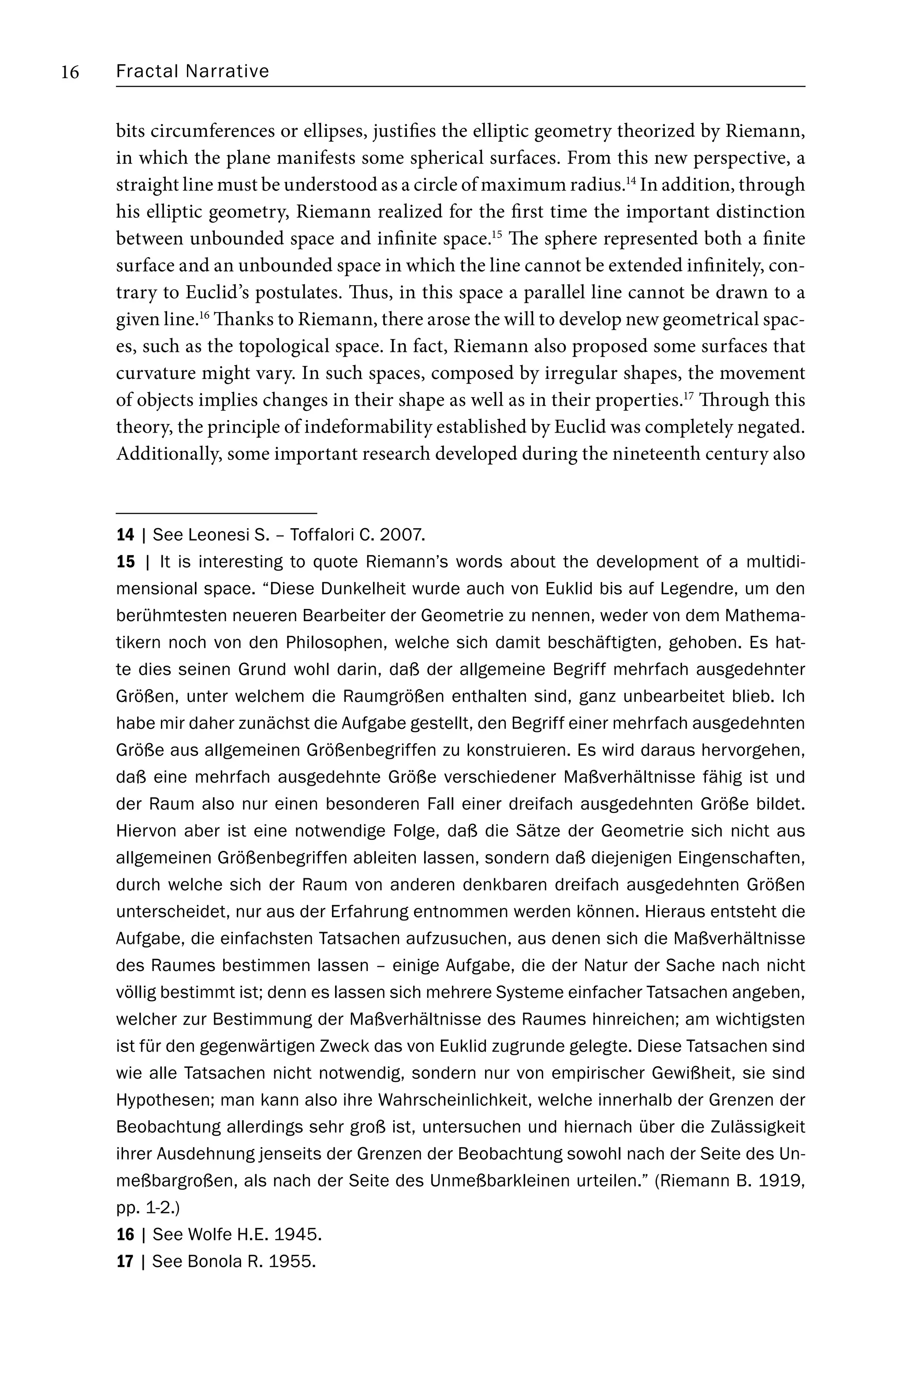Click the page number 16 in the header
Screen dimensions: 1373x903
pyautogui.click(x=70, y=72)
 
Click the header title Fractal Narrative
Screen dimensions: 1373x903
pyautogui.click(x=192, y=71)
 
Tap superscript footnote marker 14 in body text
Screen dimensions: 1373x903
pyautogui.click(x=630, y=181)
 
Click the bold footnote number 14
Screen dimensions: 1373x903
pyautogui.click(x=125, y=535)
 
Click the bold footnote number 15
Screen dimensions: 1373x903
pyautogui.click(x=125, y=562)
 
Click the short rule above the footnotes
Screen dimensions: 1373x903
pyautogui.click(x=216, y=513)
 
